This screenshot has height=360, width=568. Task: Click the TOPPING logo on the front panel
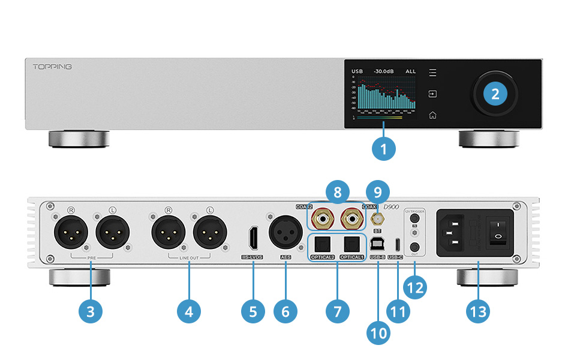pyautogui.click(x=52, y=67)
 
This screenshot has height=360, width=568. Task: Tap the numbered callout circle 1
pyautogui.click(x=383, y=146)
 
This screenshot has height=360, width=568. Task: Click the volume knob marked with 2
pyautogui.click(x=495, y=93)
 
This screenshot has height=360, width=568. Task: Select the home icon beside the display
pyautogui.click(x=432, y=115)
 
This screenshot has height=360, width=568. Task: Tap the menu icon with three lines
pyautogui.click(x=432, y=73)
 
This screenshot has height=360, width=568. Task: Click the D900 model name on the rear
pyautogui.click(x=391, y=208)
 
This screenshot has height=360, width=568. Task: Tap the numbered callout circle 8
pyautogui.click(x=337, y=193)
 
